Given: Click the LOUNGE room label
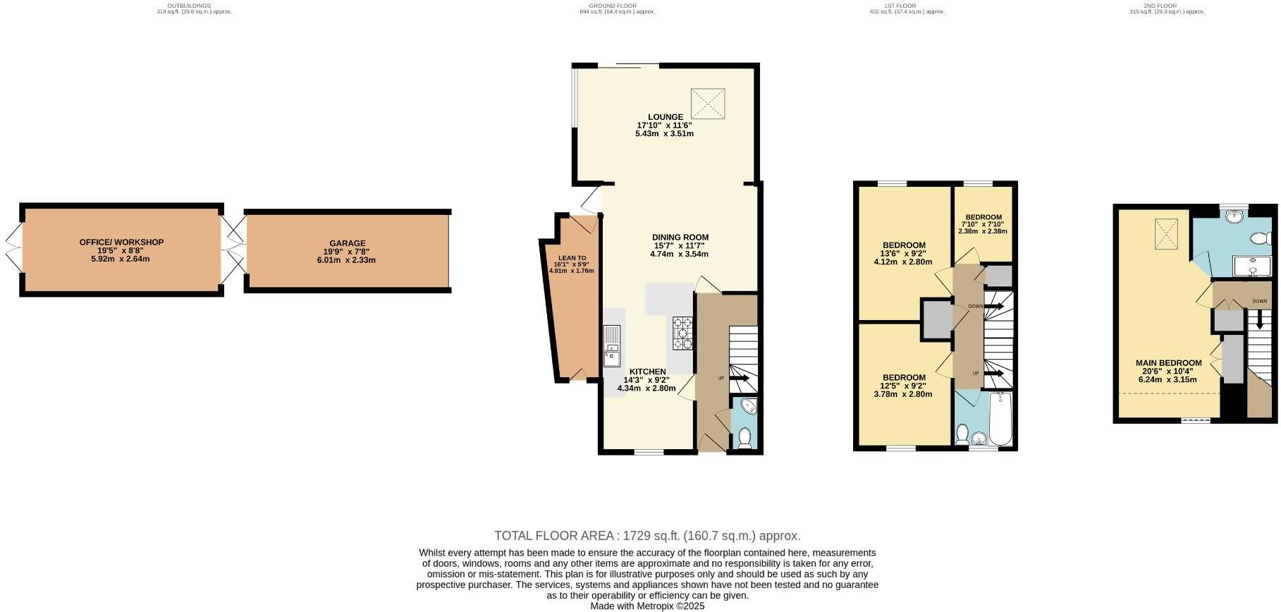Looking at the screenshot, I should tap(666, 117).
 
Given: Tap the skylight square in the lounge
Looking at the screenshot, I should tap(709, 104).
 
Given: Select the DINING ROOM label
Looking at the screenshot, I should tap(680, 238).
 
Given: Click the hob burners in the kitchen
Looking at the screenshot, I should tap(683, 334).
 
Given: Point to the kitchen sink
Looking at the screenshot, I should tap(611, 345).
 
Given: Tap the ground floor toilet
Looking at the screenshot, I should tap(744, 438).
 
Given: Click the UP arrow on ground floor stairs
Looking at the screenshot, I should tap(740, 379).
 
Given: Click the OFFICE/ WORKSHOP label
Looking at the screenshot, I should tap(121, 243).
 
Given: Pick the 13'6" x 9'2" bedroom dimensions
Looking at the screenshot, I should tap(902, 253).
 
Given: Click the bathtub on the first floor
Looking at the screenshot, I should tap(1001, 420).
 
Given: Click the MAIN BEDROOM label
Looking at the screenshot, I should tap(1167, 363).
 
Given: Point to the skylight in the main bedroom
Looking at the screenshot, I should tap(1166, 234).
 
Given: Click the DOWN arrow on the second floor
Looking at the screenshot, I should tap(1259, 322).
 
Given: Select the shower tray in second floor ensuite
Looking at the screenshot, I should tap(1252, 267).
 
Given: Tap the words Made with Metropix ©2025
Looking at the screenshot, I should tap(647, 606).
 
